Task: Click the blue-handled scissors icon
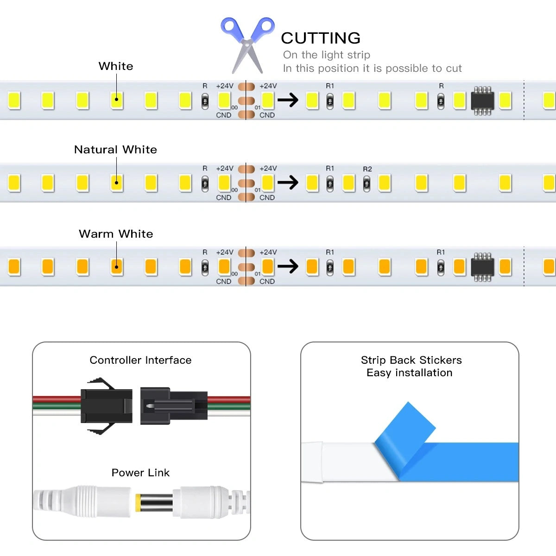[x=247, y=45]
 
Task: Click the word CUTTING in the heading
[x=320, y=38]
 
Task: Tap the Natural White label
[x=115, y=150]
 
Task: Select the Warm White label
[x=116, y=234]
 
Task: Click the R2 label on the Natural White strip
[x=367, y=169]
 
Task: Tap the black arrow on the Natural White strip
[x=288, y=183]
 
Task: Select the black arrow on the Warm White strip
[x=288, y=266]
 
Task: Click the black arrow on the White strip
[x=288, y=100]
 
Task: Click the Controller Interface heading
[x=140, y=360]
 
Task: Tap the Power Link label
[x=140, y=473]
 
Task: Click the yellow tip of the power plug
[x=138, y=503]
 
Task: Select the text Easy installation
[x=409, y=373]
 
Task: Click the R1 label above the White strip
[x=329, y=86]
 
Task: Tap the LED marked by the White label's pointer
[x=117, y=100]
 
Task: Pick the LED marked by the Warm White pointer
[x=117, y=267]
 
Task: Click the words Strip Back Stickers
[x=411, y=360]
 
